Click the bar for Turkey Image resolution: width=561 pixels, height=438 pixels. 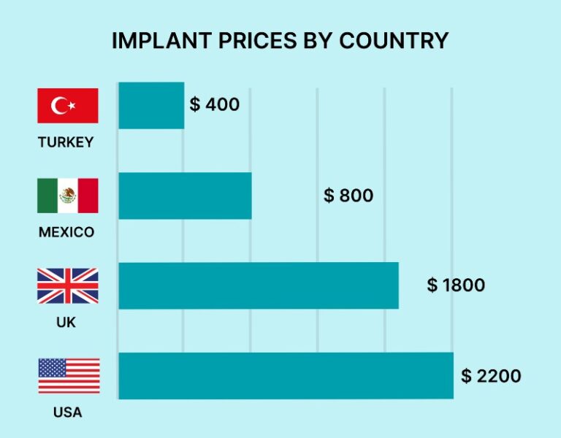point(151,105)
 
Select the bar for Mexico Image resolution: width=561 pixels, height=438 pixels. point(185,196)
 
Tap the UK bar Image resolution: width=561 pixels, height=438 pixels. point(259,285)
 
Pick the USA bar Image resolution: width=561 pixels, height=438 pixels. point(286,376)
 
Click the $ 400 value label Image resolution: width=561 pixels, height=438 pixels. point(215,104)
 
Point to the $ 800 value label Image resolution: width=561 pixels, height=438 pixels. point(348,196)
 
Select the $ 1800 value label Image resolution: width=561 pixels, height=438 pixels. point(456,285)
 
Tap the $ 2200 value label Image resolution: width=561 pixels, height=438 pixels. point(491,376)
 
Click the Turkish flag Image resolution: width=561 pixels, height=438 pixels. point(68,106)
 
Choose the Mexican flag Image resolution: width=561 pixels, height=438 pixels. point(68,196)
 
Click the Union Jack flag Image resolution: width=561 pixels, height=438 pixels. point(68,285)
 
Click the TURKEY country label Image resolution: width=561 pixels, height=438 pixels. point(66,142)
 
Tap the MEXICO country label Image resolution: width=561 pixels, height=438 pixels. point(66,233)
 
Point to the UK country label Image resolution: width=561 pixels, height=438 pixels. point(66,322)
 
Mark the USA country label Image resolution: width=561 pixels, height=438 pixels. point(67,412)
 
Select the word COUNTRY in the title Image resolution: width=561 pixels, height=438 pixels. point(395,41)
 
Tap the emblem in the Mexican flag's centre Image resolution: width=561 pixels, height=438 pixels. point(68,196)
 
